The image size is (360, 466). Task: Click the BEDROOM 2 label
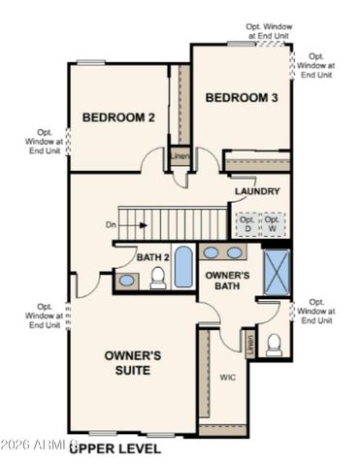coord(118,116)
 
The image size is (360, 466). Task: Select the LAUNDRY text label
coord(257,191)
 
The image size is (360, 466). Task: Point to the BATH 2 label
coord(152,257)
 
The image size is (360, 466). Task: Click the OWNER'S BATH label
coord(228,281)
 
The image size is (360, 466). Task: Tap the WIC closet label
coord(228,377)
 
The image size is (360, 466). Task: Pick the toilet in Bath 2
coord(157,281)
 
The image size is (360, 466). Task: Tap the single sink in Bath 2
coord(126,281)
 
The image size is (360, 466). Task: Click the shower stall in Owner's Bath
coord(277,271)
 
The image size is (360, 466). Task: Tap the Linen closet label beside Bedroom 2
coord(180,155)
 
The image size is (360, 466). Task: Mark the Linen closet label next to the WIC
coord(250,343)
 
